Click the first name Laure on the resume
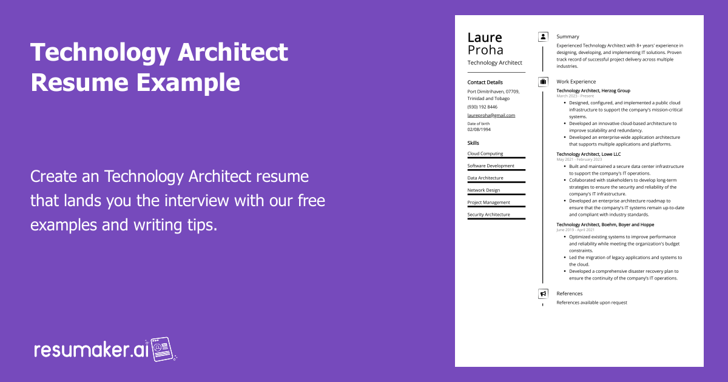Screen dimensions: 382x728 (x=485, y=38)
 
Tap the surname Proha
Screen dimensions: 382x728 (x=485, y=50)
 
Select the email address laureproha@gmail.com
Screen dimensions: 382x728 (x=491, y=115)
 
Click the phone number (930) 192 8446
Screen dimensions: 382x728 (x=482, y=107)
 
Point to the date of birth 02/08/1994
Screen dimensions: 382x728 (x=479, y=129)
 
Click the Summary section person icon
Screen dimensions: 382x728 (x=543, y=36)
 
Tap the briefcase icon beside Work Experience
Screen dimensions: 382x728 (x=543, y=81)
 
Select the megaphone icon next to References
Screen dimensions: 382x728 (x=543, y=293)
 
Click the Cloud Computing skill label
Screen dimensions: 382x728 (x=485, y=153)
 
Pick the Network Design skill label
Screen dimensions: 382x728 (x=484, y=190)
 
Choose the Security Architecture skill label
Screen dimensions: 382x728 (x=488, y=215)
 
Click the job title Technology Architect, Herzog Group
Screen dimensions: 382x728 (x=593, y=90)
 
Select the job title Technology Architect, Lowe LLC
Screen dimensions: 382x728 (x=588, y=154)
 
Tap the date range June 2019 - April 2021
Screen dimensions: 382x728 (x=575, y=230)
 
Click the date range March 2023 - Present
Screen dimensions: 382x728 (x=575, y=96)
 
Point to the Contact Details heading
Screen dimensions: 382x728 (x=485, y=82)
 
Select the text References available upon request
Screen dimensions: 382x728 (x=591, y=303)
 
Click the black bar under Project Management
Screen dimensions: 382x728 (x=496, y=206)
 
